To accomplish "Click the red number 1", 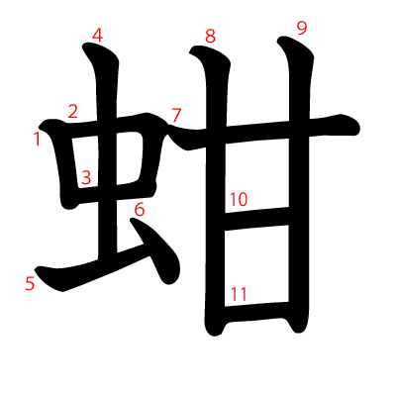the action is point(38,139).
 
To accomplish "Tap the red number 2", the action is point(73,111).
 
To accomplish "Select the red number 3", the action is point(86,178).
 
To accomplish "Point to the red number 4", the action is point(97,36).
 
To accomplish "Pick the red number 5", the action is point(30,284).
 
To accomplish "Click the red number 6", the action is point(140,210).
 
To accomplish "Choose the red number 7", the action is point(176,115).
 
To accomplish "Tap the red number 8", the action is point(210,36).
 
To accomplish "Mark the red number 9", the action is point(302,28).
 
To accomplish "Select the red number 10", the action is point(239,200).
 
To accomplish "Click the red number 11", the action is point(239,294).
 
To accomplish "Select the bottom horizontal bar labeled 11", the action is point(257,312).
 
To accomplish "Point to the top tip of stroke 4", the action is point(84,45).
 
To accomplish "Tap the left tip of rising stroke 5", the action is point(36,269).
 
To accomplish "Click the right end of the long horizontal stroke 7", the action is point(358,127).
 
